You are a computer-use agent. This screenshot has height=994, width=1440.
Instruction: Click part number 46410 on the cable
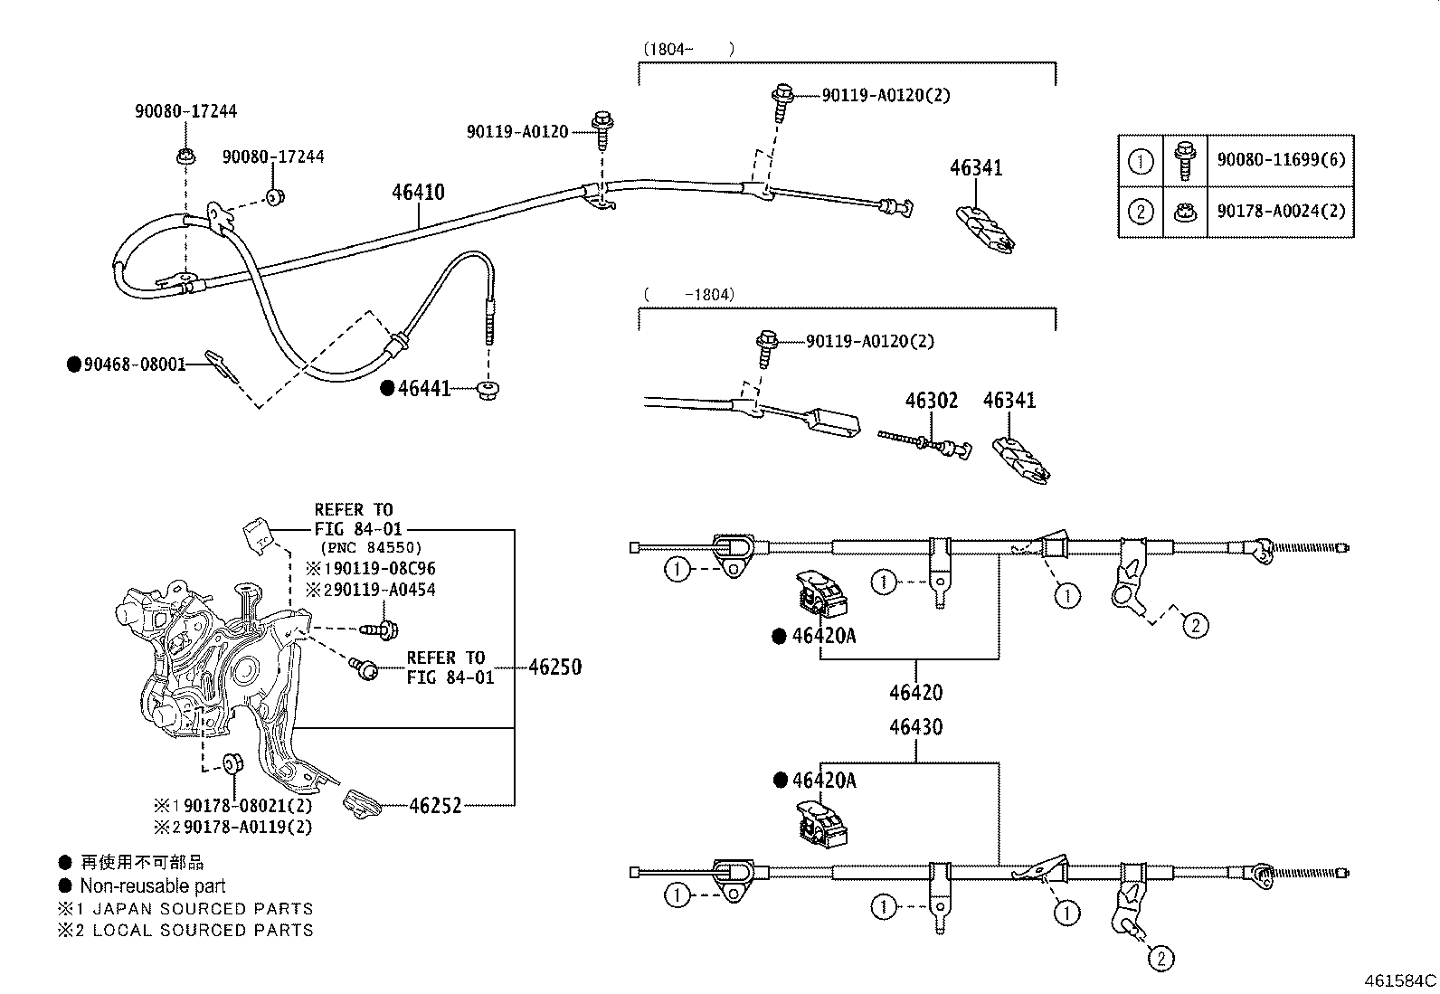(x=418, y=193)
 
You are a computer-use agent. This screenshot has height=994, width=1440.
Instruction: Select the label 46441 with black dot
(x=423, y=389)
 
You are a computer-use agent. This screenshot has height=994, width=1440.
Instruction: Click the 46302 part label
(x=932, y=401)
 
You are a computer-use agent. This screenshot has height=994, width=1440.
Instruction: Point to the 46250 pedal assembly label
(x=554, y=667)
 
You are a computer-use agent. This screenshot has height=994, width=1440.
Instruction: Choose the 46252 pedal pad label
(x=435, y=805)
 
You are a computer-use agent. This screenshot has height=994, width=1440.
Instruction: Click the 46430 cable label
(x=915, y=727)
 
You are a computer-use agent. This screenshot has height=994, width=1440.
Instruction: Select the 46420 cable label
(x=915, y=693)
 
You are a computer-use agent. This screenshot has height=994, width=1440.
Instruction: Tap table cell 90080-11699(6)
(x=1281, y=160)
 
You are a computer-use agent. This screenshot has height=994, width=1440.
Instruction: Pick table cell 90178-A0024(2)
(x=1281, y=212)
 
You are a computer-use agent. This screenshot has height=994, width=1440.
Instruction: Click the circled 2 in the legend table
(x=1141, y=212)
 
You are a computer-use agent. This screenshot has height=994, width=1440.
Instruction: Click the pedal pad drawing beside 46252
(x=364, y=803)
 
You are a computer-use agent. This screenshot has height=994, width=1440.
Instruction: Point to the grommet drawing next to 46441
(x=489, y=390)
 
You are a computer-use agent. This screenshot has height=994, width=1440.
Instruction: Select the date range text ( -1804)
(x=689, y=294)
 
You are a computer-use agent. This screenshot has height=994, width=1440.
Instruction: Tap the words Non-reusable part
(x=152, y=886)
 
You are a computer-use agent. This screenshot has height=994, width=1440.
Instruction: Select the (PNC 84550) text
(x=371, y=548)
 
